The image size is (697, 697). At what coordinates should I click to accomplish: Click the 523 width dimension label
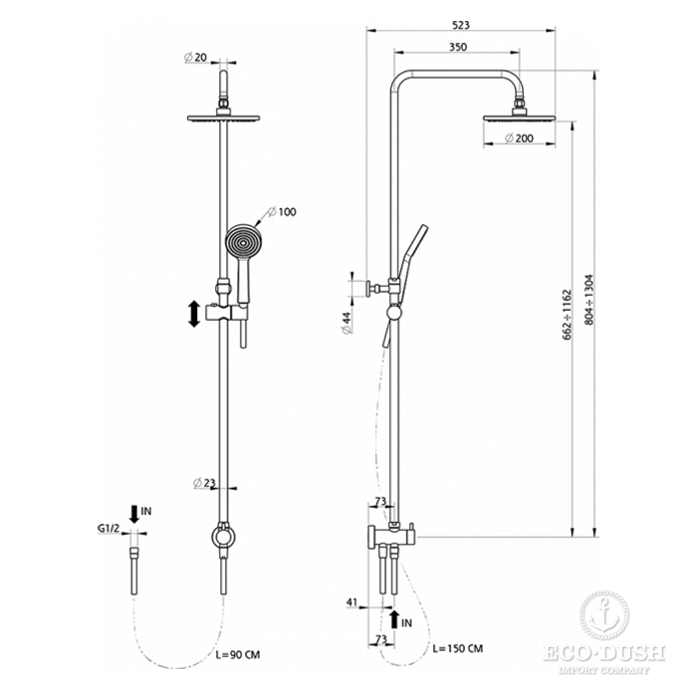pos(461,25)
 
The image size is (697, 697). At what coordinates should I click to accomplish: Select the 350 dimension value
pos(458,47)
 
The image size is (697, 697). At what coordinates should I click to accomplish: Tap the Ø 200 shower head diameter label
pos(519,138)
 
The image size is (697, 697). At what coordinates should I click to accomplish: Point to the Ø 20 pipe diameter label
pos(195,57)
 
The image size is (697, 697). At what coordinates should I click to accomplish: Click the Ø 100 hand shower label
pos(282,211)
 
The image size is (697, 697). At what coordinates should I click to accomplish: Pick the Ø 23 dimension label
pos(204,482)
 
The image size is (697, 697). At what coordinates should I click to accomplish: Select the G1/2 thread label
pos(109,529)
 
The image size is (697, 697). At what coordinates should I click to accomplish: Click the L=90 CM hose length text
pos(238,655)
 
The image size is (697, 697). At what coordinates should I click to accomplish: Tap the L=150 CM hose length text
pos(458,648)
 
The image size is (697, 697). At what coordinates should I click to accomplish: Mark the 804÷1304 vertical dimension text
pos(589,300)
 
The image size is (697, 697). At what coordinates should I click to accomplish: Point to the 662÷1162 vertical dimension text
pos(567,315)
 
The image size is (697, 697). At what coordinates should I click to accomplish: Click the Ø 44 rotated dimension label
pos(347,323)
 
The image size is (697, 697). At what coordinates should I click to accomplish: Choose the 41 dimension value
pos(351,602)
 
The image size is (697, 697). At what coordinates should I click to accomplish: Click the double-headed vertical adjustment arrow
pos(194,314)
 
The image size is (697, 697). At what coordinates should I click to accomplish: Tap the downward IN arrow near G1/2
pos(134,514)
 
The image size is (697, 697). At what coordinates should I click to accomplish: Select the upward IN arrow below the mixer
pos(394,619)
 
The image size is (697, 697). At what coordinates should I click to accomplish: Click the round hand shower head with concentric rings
pos(243,242)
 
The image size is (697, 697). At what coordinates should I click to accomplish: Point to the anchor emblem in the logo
pos(604,614)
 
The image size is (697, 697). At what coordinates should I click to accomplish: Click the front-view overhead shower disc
pos(223,118)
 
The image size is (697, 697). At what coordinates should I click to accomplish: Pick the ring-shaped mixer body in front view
pos(223,537)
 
